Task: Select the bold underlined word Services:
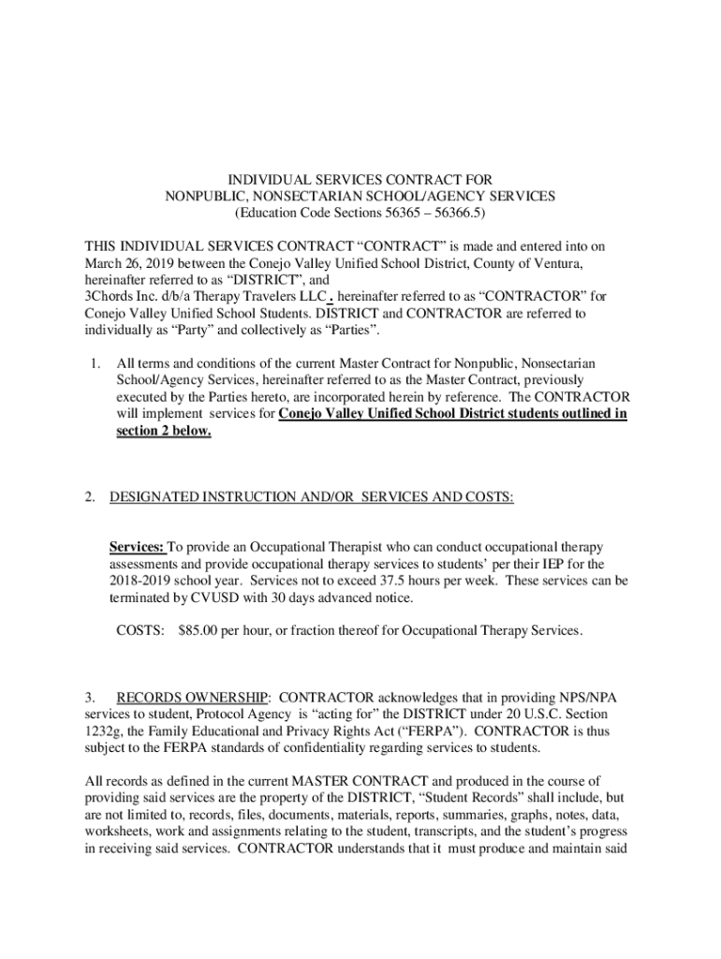point(138,547)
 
